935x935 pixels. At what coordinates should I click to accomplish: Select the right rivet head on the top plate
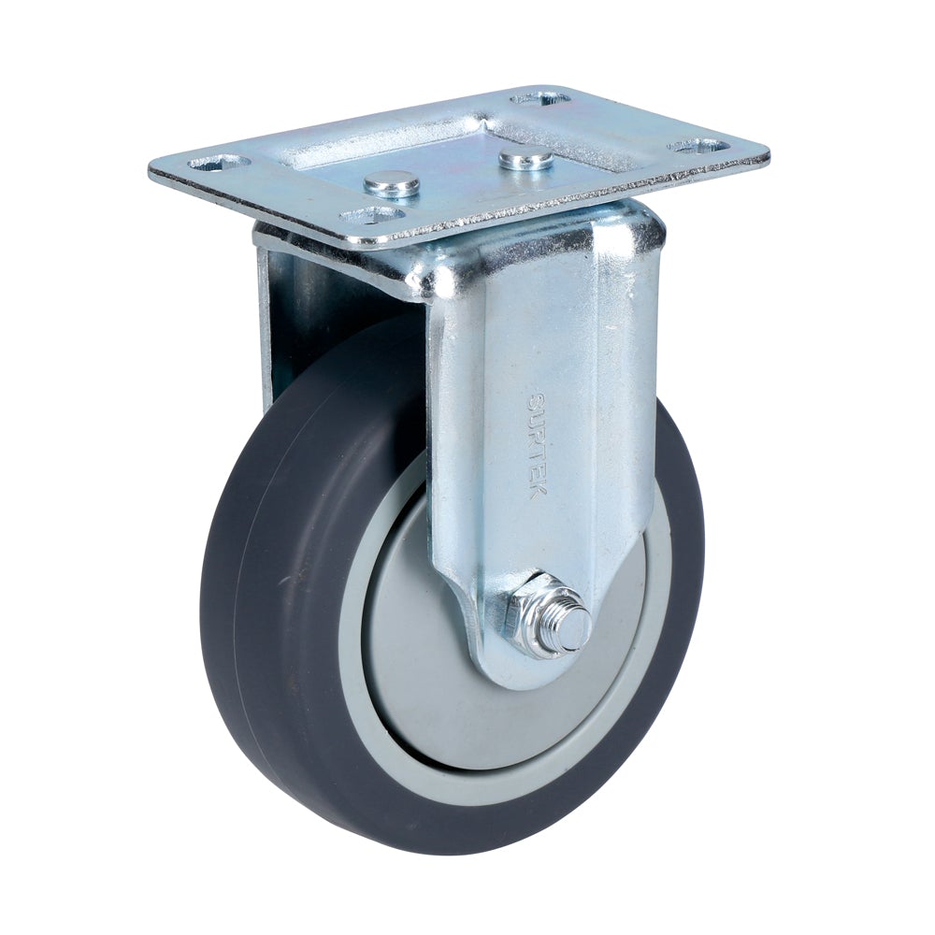pyautogui.click(x=525, y=159)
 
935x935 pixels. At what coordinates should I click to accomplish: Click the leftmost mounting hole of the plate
pyautogui.click(x=219, y=164)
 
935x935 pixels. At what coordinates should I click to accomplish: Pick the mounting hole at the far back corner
pyautogui.click(x=540, y=97)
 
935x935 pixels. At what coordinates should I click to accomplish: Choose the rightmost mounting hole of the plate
pyautogui.click(x=699, y=147)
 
